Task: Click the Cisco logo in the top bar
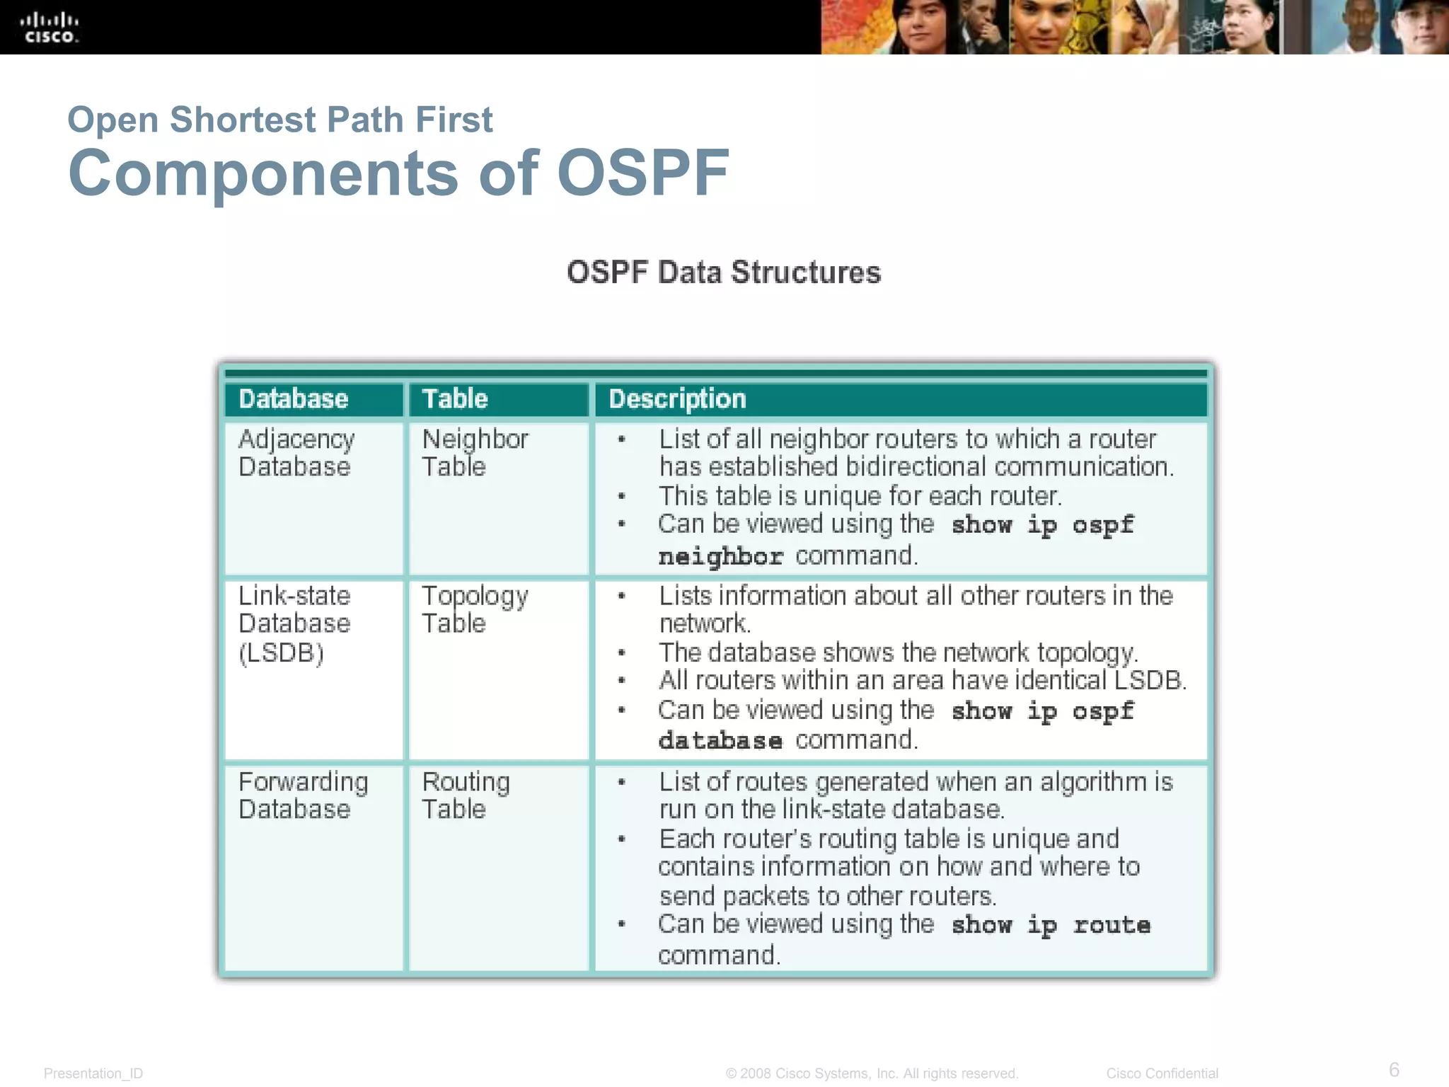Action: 49,28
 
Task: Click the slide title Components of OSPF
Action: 398,173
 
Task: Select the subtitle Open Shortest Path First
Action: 279,120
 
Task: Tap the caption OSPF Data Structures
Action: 724,272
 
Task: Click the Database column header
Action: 294,399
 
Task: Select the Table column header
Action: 455,399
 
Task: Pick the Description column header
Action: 677,399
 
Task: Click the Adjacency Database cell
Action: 296,453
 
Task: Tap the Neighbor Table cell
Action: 474,453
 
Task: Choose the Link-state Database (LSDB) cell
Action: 294,623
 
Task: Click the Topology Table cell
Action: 474,609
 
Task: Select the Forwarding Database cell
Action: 303,795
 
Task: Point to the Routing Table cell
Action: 465,795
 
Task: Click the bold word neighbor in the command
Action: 720,557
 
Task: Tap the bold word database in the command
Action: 720,741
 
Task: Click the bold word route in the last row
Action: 1112,925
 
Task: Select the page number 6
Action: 1394,1069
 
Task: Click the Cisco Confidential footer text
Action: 1162,1074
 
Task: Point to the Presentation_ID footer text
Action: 93,1074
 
